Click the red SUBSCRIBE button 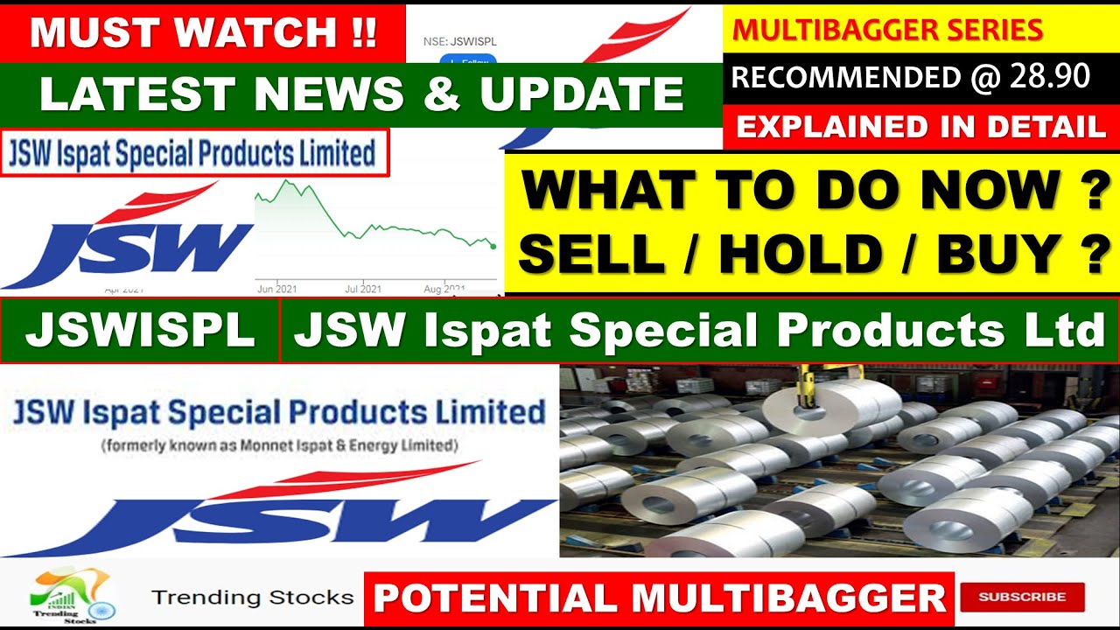tap(1022, 598)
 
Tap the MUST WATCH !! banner tap(203, 32)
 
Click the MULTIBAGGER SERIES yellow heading tap(887, 30)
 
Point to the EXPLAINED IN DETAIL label tap(920, 128)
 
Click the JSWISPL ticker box tap(139, 332)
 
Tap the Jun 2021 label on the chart tap(276, 289)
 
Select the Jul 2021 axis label tap(362, 289)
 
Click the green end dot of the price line tap(493, 247)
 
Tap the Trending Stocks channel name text tap(252, 598)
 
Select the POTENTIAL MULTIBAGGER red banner tap(660, 598)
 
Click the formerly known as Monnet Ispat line tap(279, 445)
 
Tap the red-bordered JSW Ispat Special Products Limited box tap(194, 154)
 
